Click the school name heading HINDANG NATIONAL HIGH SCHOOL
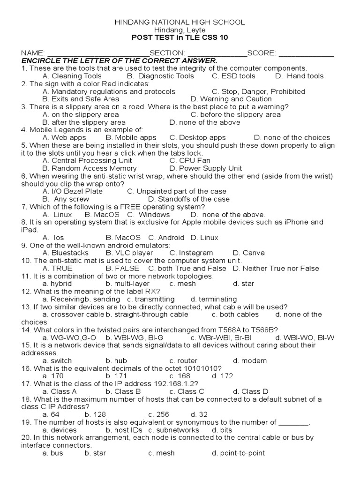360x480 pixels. tap(180, 22)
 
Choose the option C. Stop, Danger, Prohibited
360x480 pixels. tap(258, 91)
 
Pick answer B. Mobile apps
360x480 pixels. tap(131, 138)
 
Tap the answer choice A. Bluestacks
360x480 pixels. tap(65, 253)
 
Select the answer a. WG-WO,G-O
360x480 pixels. tap(69, 337)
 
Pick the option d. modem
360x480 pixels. tap(250, 361)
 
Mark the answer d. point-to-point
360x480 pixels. tap(238, 453)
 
